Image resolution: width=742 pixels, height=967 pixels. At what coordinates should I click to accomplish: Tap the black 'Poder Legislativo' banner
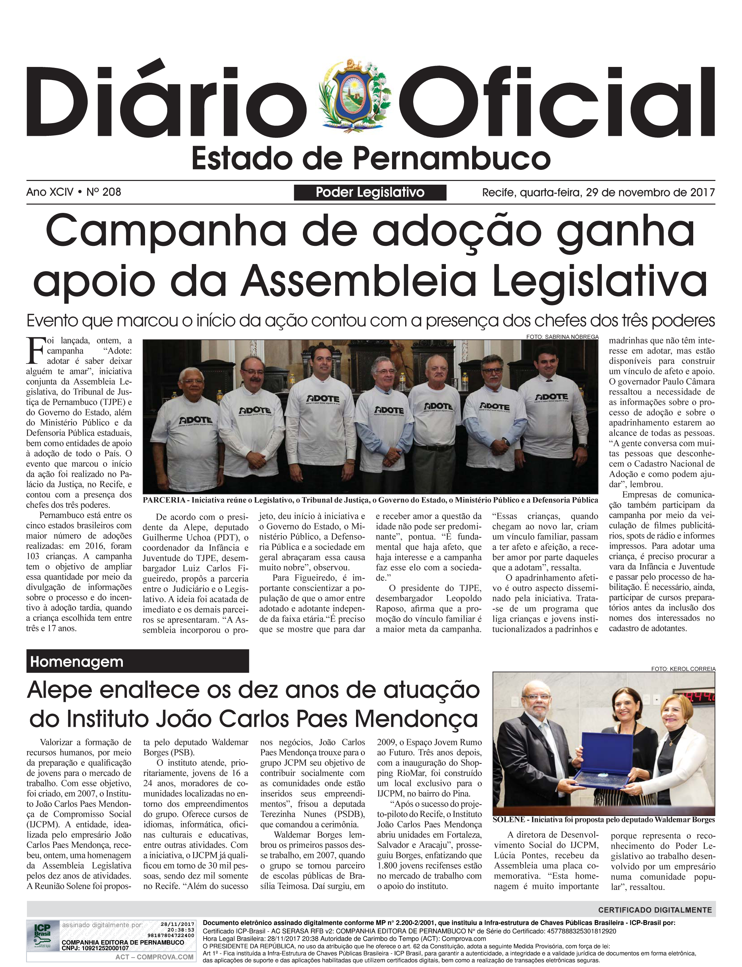[370, 192]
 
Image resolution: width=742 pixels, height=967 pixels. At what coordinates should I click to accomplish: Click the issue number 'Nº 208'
[103, 192]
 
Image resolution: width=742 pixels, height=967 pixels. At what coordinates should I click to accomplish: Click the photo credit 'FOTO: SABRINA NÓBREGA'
[562, 337]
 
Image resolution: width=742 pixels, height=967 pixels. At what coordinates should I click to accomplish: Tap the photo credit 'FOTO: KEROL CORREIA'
[683, 669]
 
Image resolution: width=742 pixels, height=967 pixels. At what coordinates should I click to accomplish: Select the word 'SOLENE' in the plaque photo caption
[509, 820]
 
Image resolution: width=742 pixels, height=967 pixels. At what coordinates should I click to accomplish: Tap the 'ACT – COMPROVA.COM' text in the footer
[154, 957]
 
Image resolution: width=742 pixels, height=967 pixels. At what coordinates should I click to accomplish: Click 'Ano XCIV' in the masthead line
[49, 192]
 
